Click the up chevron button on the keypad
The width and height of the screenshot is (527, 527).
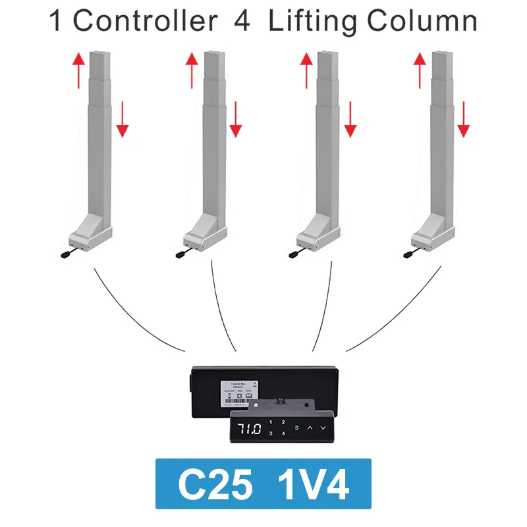[x=310, y=428]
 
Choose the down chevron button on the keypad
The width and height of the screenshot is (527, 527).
[x=323, y=428]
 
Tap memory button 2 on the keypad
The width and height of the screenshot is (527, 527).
[x=283, y=422]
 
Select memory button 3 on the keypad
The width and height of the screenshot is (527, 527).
[x=271, y=433]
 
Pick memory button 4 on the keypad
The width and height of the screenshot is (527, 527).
[x=283, y=433]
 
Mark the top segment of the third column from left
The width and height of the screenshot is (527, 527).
[x=325, y=66]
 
